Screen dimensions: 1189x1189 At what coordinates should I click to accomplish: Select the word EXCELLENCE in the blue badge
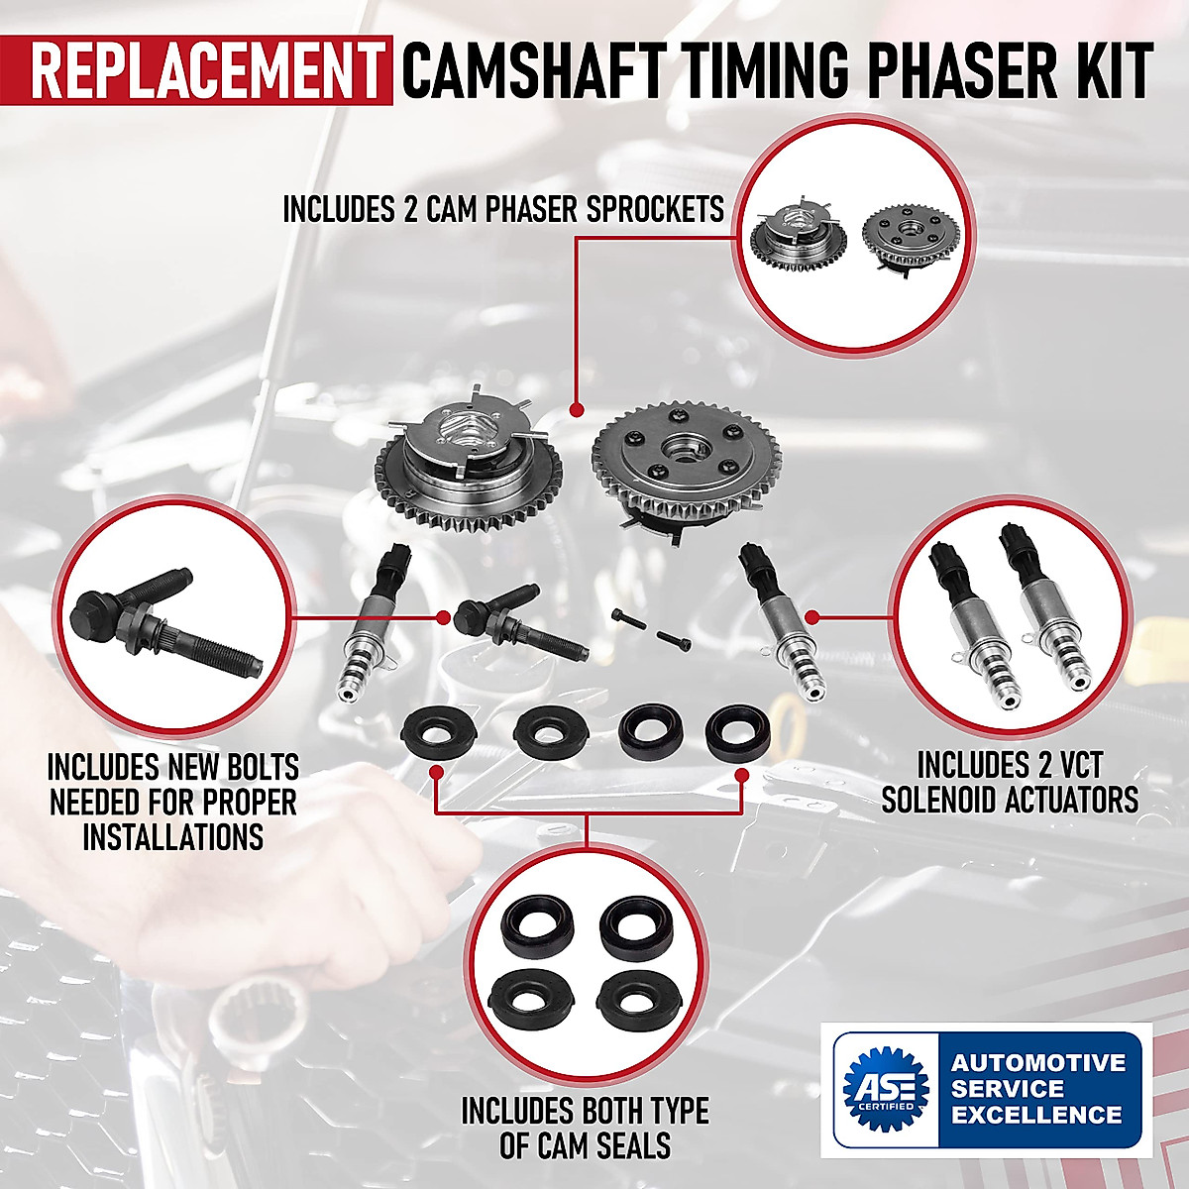[1037, 1115]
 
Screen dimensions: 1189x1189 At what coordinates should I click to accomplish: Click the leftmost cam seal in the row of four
[438, 732]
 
